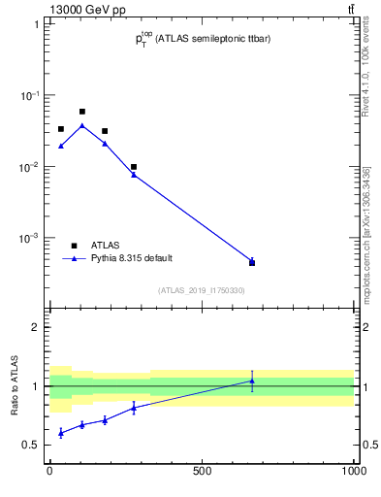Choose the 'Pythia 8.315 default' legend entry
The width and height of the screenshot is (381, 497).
tap(132, 258)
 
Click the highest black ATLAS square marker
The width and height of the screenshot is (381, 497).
tap(82, 112)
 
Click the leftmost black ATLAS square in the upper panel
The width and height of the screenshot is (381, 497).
tap(60, 129)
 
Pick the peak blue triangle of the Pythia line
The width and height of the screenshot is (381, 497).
tap(82, 125)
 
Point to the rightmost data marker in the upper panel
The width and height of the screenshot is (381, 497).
tap(252, 262)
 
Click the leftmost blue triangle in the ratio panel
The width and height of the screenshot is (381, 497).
tap(60, 432)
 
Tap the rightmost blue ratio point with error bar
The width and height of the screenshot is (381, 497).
tap(252, 381)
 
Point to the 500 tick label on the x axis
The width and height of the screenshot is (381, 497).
tap(202, 474)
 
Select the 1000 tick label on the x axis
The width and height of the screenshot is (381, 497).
tap(354, 474)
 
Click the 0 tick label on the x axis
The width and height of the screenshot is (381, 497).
tap(49, 474)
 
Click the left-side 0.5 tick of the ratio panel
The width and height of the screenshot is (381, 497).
tap(33, 446)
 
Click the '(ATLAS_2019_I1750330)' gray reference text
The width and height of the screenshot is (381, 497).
tap(202, 289)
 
